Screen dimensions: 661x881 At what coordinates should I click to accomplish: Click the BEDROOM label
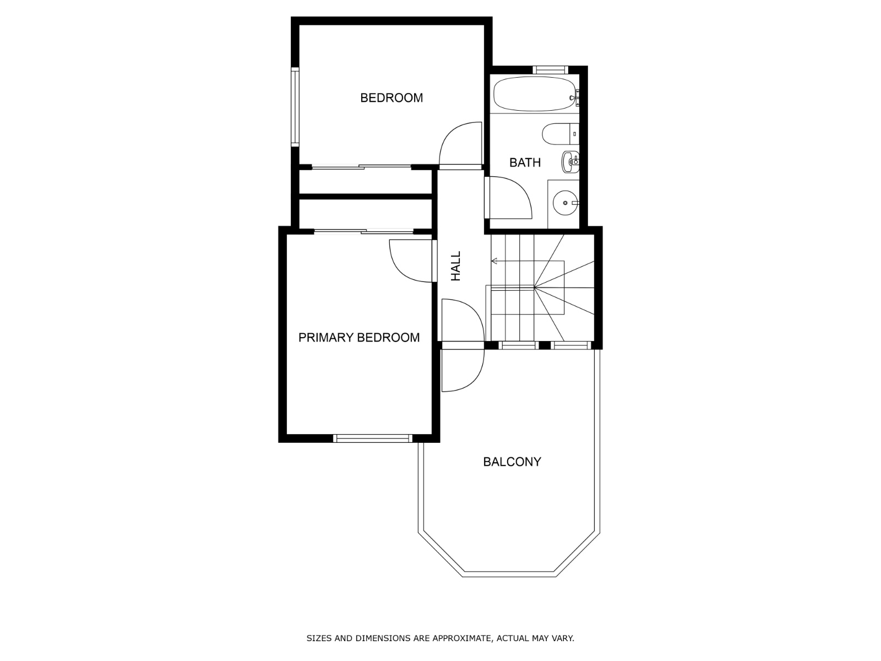(x=391, y=98)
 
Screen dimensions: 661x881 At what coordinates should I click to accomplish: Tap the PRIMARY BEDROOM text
(x=359, y=338)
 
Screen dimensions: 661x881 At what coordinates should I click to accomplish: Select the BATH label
(x=525, y=162)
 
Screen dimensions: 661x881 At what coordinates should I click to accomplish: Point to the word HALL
(x=456, y=266)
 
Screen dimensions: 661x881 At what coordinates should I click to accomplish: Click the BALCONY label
(x=512, y=462)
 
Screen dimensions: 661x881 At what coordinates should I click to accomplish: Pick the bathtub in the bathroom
(x=534, y=94)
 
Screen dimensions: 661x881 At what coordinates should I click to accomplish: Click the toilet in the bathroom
(x=559, y=134)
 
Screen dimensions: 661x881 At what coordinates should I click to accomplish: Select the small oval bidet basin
(x=570, y=161)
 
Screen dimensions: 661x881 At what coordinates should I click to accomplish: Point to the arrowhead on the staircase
(x=494, y=261)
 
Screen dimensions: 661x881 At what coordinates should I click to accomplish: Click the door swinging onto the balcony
(x=463, y=369)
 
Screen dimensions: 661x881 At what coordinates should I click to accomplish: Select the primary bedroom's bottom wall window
(x=373, y=438)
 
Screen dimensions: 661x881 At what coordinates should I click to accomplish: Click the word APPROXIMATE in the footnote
(x=460, y=639)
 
